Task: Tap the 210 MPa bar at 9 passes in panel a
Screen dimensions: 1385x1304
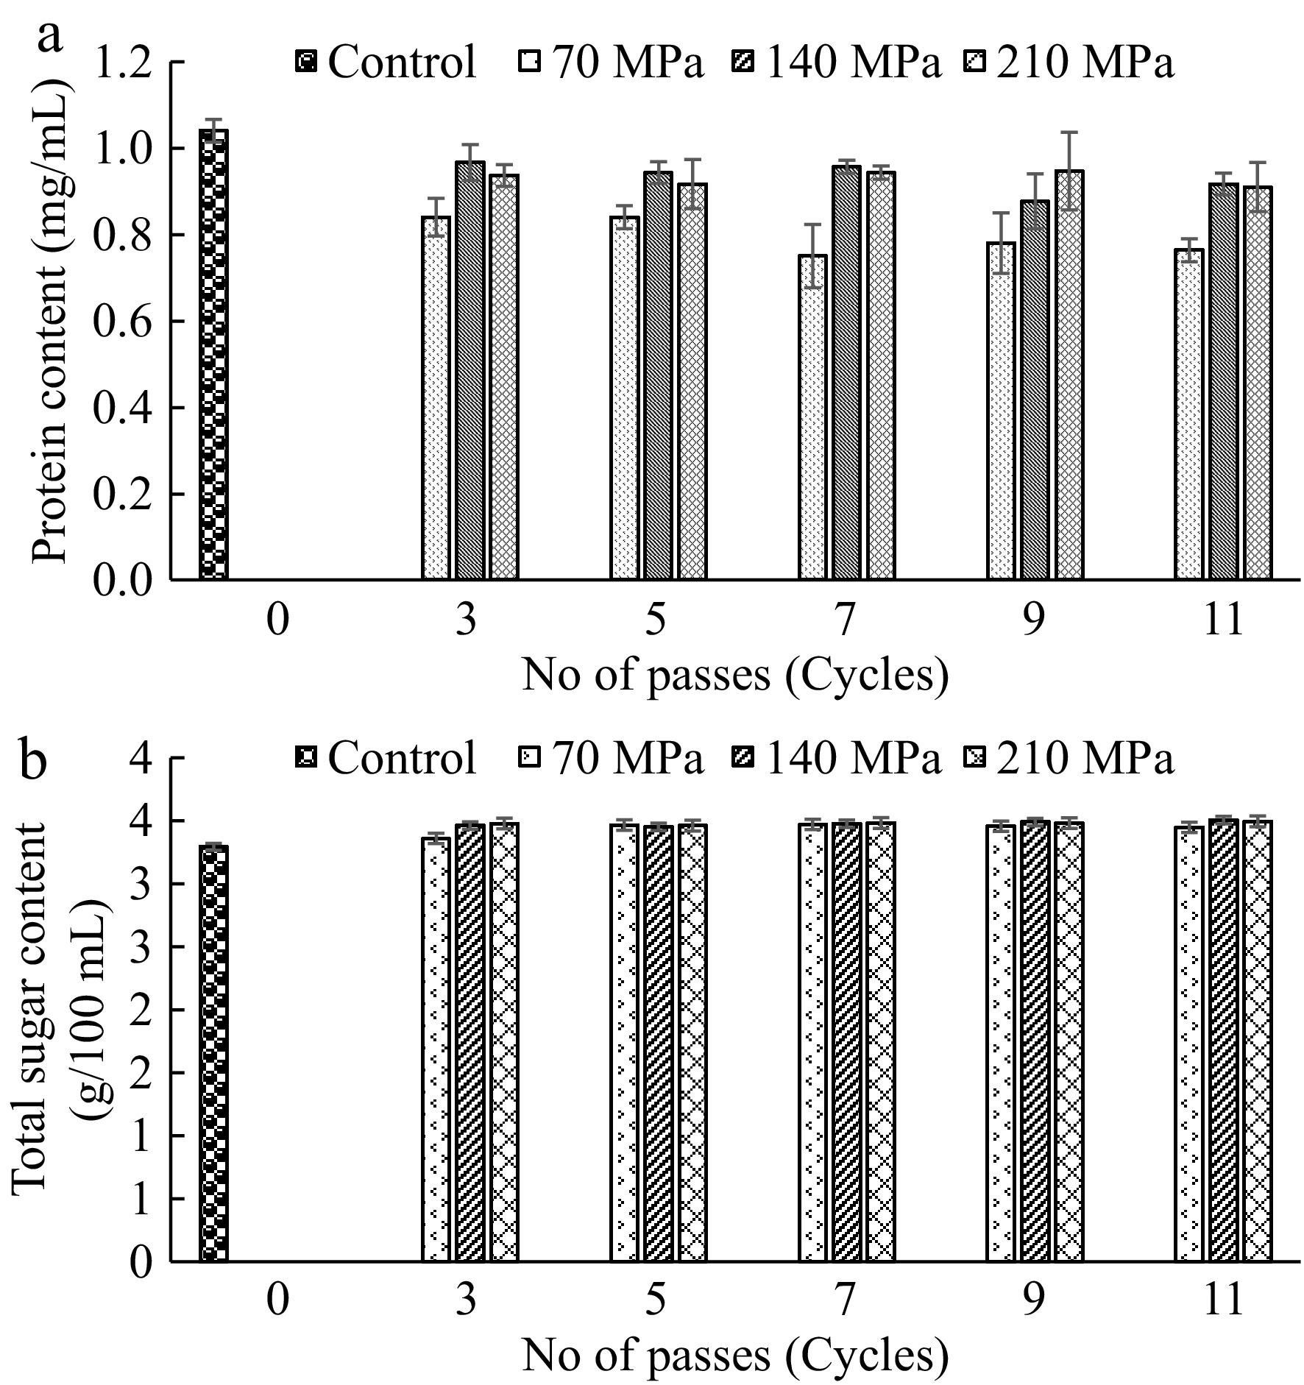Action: point(1069,375)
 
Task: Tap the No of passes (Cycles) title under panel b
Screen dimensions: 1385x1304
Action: point(734,1356)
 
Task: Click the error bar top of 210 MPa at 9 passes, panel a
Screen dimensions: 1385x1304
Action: point(1069,132)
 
